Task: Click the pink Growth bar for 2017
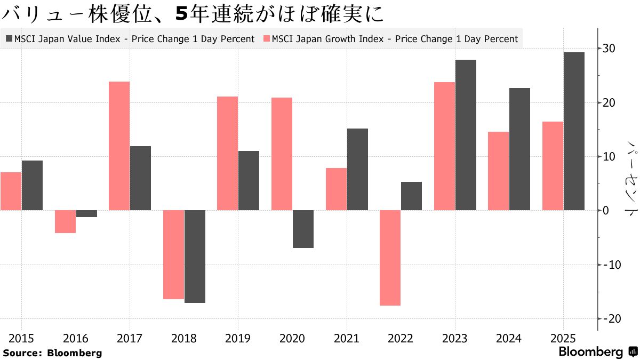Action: click(x=119, y=146)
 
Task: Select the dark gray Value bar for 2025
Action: click(x=574, y=131)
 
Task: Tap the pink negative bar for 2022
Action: click(x=390, y=258)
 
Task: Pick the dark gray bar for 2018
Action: click(x=195, y=257)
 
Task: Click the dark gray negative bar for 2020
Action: click(x=303, y=229)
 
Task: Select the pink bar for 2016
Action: click(x=65, y=221)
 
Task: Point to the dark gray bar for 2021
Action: click(x=357, y=169)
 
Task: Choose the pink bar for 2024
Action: click(x=498, y=171)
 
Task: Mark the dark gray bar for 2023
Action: click(x=466, y=135)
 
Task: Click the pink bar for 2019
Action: click(x=227, y=153)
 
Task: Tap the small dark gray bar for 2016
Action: click(x=86, y=213)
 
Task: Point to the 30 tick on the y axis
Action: click(x=609, y=49)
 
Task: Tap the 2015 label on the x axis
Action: click(x=21, y=338)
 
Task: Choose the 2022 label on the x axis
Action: click(x=401, y=338)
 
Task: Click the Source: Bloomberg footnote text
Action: click(x=52, y=353)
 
